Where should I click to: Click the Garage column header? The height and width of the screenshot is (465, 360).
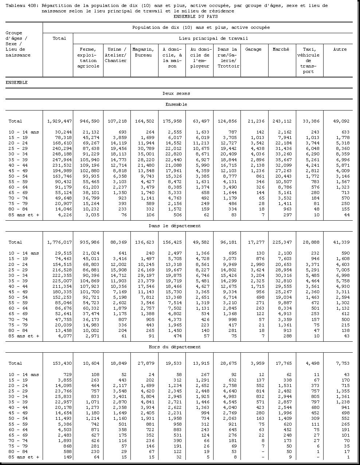click(x=253, y=49)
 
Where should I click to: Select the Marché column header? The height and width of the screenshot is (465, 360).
click(x=281, y=49)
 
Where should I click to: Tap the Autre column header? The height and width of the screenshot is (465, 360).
click(x=340, y=49)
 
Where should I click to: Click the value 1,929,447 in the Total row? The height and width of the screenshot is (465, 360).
click(x=59, y=121)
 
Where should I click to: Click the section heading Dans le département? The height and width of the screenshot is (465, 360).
click(x=175, y=226)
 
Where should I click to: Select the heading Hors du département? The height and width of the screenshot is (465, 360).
click(x=175, y=347)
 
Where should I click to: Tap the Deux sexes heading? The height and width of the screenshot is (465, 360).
click(x=176, y=93)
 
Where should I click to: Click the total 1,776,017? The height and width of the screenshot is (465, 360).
click(x=59, y=242)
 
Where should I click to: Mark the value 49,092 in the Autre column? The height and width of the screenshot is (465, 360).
click(x=342, y=121)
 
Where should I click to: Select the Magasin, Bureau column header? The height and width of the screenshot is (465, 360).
click(x=143, y=52)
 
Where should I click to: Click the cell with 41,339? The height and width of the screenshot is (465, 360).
click(x=342, y=242)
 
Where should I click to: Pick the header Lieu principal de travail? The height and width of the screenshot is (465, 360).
click(x=213, y=38)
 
